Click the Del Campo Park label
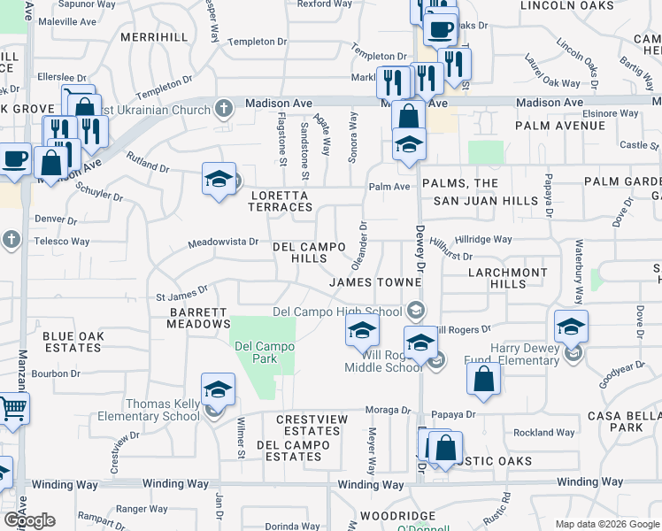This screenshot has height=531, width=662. click(x=257, y=352)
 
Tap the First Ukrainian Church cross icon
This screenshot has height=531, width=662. click(x=224, y=109)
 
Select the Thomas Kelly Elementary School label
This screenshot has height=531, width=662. click(x=149, y=410)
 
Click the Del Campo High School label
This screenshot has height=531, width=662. click(x=337, y=311)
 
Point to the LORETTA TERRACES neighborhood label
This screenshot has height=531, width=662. click(x=281, y=201)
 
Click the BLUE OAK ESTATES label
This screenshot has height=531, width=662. click(x=72, y=342)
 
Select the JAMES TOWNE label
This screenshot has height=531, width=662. click(x=373, y=282)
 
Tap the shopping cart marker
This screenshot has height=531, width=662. click(x=12, y=408)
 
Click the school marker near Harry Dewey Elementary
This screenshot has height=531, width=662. click(x=571, y=327)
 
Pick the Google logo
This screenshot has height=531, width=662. click(x=28, y=520)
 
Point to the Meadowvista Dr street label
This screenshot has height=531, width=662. click(x=223, y=242)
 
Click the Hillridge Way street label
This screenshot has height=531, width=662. click(x=483, y=239)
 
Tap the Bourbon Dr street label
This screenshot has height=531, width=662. click(x=57, y=373)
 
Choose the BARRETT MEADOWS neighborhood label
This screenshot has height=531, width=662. click(x=198, y=318)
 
